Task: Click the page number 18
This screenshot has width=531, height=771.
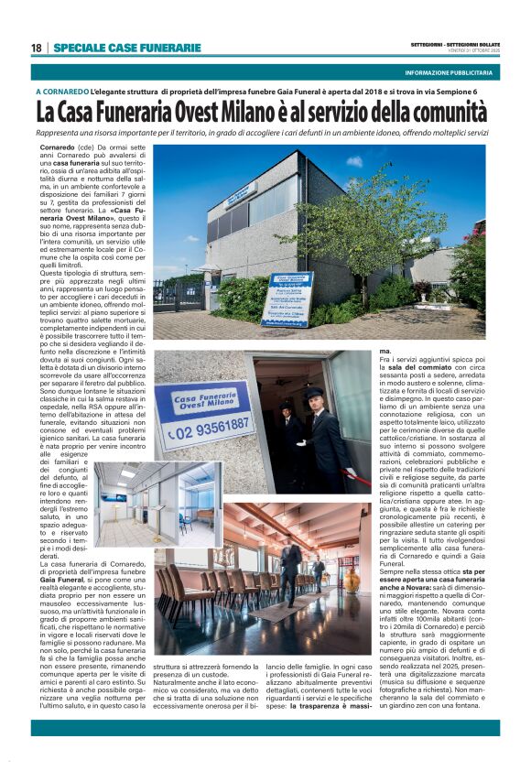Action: click(x=36, y=48)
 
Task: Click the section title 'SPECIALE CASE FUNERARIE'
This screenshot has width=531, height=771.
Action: click(x=127, y=48)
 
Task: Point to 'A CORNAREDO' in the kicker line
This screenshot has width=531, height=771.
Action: click(x=61, y=92)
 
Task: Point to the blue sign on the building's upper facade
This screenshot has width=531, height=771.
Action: click(x=241, y=196)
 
